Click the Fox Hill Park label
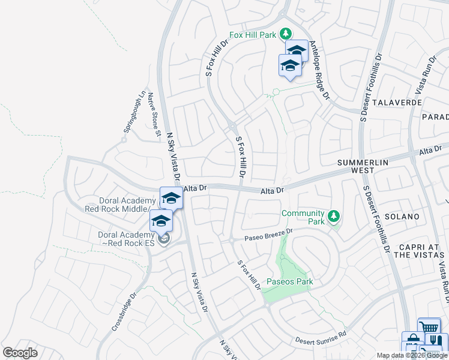click(255, 34)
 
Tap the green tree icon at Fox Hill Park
click(287, 34)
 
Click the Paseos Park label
click(290, 281)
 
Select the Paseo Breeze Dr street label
click(268, 235)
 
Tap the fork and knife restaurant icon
click(436, 340)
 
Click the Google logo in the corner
click(20, 353)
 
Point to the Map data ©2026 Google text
click(412, 355)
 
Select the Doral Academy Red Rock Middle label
click(124, 205)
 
